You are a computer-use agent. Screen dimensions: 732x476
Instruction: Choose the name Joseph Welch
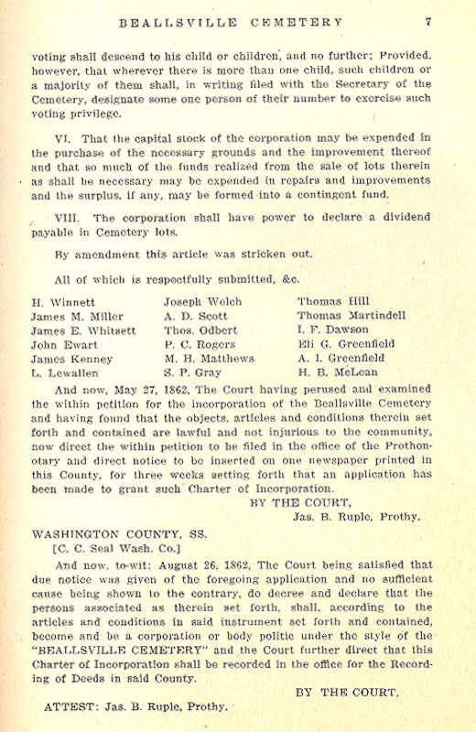202,300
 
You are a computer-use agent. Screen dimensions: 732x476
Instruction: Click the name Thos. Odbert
200,329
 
